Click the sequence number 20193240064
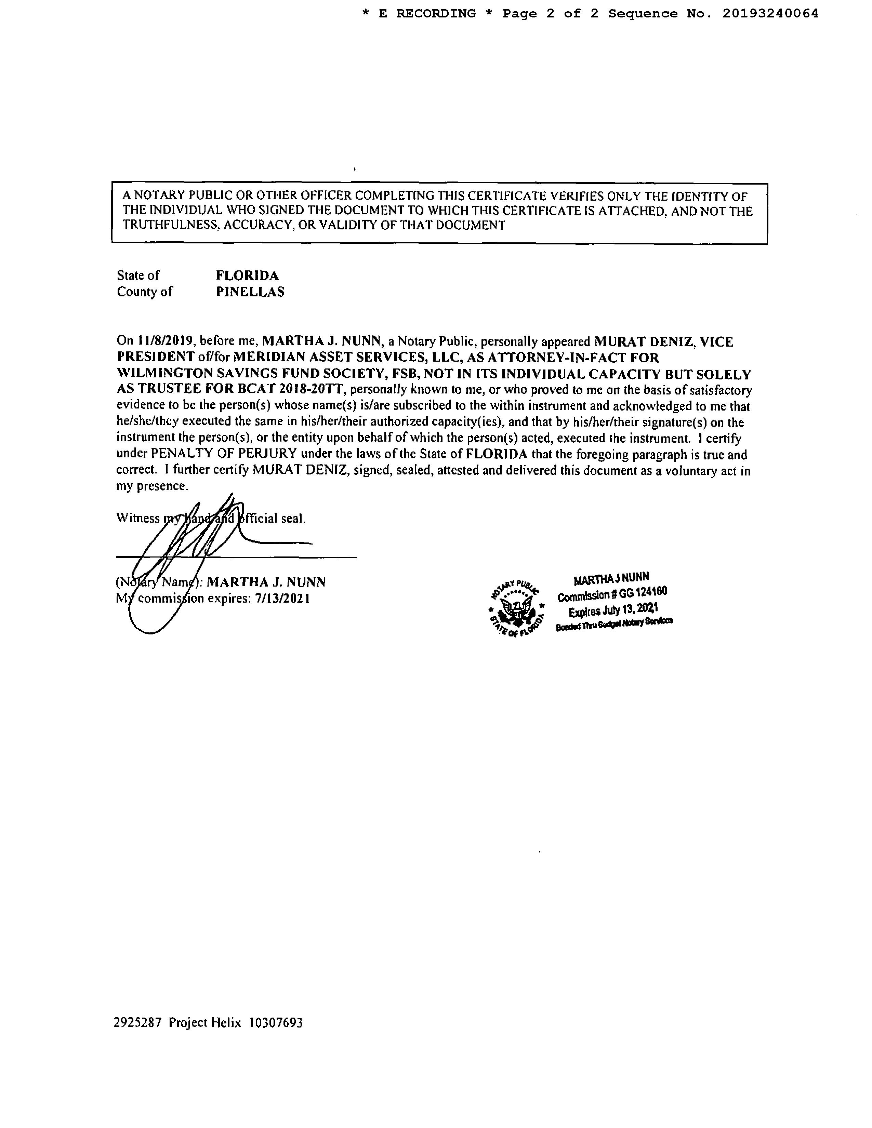click(x=770, y=14)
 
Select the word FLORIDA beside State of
click(x=247, y=275)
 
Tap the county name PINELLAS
click(x=250, y=292)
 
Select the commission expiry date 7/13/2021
click(x=282, y=599)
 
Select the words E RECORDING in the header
click(x=427, y=14)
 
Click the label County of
click(x=145, y=292)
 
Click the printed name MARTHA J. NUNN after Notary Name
click(x=266, y=582)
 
